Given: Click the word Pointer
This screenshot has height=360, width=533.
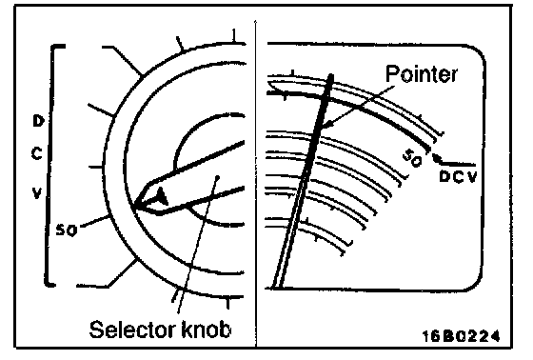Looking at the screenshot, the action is point(422,73).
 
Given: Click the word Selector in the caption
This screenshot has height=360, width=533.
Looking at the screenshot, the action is point(132,329).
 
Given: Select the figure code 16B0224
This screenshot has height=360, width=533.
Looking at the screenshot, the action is point(461,336).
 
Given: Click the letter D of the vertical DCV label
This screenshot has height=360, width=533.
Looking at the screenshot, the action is point(38,121).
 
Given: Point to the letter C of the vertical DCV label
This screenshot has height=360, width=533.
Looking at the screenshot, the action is point(36,154).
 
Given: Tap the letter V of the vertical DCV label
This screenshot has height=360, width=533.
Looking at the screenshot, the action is point(37,193).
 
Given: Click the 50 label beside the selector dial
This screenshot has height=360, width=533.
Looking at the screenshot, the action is point(67,230).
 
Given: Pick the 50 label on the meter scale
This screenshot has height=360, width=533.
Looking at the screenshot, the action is point(412,158).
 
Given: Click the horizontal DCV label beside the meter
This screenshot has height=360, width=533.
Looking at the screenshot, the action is point(458,176).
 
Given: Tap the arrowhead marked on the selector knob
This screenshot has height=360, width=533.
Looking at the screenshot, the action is point(162,197).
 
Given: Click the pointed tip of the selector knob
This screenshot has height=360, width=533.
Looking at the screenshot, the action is point(134,206).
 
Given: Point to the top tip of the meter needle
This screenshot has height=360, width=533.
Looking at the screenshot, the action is point(331,76).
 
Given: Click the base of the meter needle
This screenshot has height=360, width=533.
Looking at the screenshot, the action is point(277,287).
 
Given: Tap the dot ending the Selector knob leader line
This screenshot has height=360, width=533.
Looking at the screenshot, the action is point(218,177).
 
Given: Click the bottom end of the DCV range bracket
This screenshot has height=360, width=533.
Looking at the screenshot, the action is point(51,284).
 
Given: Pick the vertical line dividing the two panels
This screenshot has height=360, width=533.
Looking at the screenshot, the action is point(256,184).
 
